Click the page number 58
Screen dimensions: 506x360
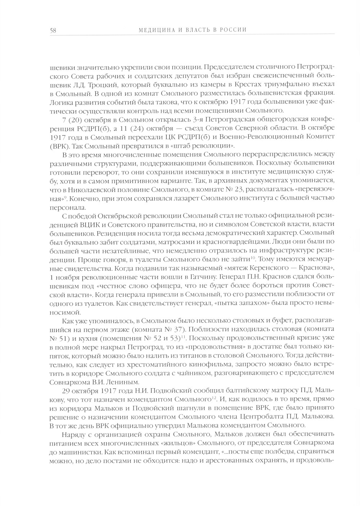tap(53, 30)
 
